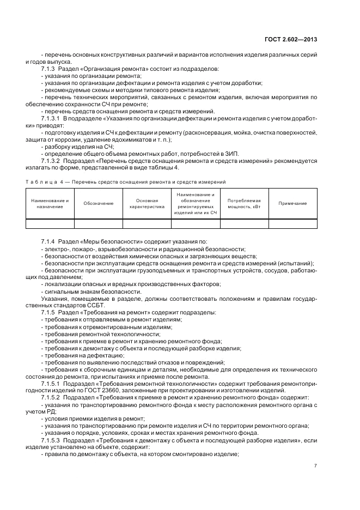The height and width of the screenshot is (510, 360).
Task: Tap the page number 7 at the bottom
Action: tap(315, 465)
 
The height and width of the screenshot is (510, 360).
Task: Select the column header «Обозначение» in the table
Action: tap(99, 203)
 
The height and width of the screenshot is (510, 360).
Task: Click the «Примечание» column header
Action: tap(292, 203)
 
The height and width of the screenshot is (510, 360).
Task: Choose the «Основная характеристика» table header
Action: tap(147, 203)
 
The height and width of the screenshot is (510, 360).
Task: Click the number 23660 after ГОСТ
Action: tap(160, 391)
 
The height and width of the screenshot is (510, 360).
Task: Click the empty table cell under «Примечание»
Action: tap(292, 223)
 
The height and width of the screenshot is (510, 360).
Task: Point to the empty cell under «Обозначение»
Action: tap(99, 223)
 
